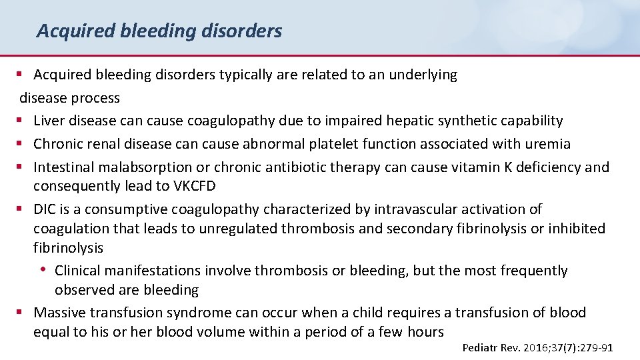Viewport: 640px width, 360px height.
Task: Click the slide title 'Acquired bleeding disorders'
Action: pos(159,31)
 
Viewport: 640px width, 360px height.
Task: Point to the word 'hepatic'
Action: pos(425,121)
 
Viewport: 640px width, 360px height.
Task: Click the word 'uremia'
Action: pos(548,143)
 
